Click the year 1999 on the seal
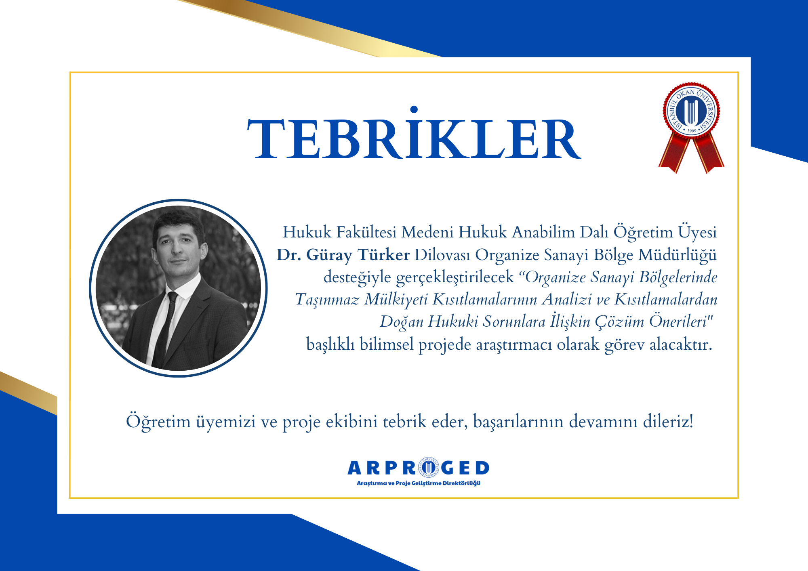(x=692, y=131)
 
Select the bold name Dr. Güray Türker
(x=343, y=255)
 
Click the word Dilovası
(x=442, y=255)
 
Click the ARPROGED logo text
(x=418, y=468)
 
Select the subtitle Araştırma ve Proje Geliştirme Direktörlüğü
(x=419, y=483)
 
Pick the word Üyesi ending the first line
(x=697, y=232)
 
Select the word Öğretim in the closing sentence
(x=158, y=422)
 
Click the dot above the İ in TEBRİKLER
(x=414, y=109)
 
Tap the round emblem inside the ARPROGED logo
(x=428, y=467)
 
